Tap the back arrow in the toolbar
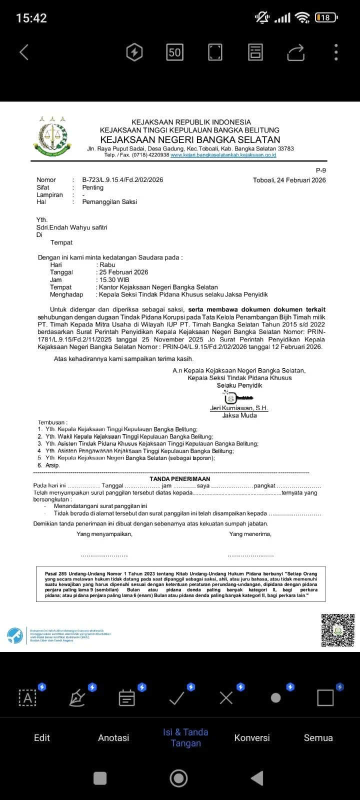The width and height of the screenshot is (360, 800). [24, 52]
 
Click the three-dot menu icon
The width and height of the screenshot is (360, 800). [336, 52]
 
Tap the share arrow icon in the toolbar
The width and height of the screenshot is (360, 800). [295, 52]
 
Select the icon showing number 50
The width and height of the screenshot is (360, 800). [174, 52]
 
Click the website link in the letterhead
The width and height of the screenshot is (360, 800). [223, 155]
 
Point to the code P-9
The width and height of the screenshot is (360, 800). [320, 170]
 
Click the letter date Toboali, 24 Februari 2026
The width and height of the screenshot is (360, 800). [289, 180]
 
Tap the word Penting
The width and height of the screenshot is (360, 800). [93, 187]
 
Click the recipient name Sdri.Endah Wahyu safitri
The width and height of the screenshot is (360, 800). [72, 227]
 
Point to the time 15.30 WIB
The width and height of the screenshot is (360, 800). [114, 280]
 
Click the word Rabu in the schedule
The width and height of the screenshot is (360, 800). [107, 265]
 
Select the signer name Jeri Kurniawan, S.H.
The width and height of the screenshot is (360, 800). [239, 408]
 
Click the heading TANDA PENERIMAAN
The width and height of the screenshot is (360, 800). [179, 478]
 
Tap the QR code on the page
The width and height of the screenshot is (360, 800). [337, 630]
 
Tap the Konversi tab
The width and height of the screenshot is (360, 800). [252, 737]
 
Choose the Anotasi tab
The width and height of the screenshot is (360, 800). [113, 737]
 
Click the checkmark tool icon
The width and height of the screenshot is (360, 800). [177, 697]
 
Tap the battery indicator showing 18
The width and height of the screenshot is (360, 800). [326, 17]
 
